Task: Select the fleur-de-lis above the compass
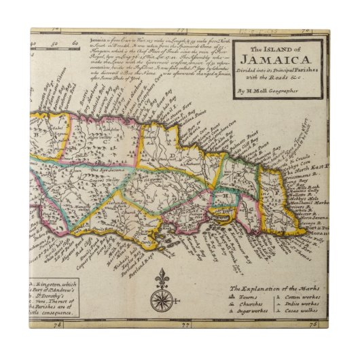161,278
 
